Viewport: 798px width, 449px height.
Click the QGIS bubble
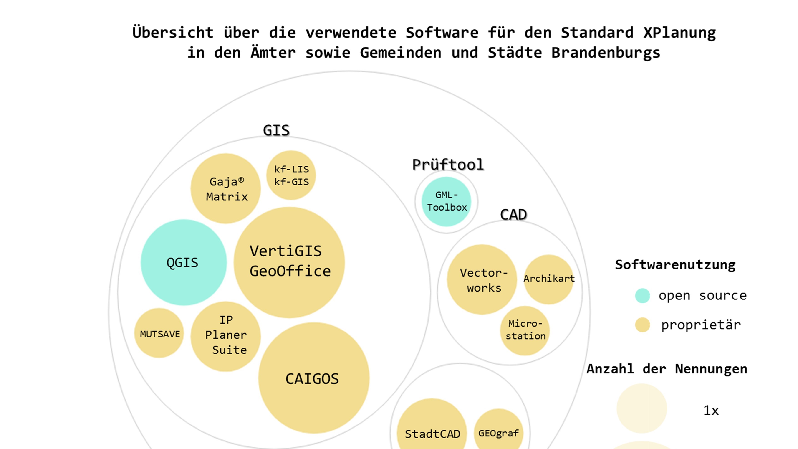(183, 262)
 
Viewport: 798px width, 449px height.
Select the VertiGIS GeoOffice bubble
(289, 262)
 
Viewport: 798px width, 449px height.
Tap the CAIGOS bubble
(313, 378)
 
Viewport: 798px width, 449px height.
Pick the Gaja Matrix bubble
(225, 188)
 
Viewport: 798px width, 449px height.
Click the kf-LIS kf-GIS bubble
(291, 175)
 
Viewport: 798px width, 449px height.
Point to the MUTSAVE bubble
(159, 333)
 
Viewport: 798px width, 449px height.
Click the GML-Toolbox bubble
(446, 201)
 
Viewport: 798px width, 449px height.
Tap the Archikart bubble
(549, 279)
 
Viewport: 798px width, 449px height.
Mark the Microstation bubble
(525, 330)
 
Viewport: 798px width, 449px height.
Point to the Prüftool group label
(448, 164)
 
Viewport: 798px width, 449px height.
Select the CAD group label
(513, 214)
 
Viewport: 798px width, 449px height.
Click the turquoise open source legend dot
(642, 296)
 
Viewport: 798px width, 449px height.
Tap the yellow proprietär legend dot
(642, 325)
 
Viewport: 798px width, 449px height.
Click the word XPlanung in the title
(679, 33)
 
